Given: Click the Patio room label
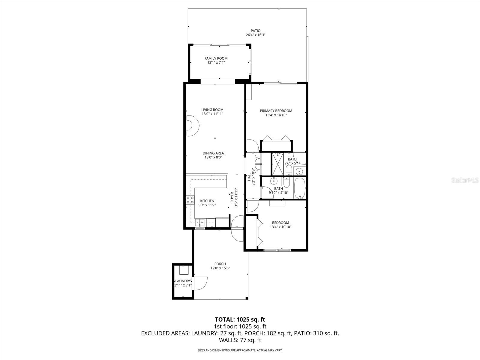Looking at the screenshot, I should pos(256,31).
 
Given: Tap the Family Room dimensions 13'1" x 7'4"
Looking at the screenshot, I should pos(216,63).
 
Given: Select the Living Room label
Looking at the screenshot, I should pos(212,110).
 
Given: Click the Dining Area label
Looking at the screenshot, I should pos(213,153).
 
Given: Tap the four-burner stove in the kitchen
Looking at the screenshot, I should pos(190,200).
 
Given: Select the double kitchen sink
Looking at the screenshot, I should pos(200,223).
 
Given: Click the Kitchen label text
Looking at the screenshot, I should pos(207,201).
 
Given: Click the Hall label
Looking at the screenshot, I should pos(249,177).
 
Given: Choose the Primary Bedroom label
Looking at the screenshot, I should pos(276,111).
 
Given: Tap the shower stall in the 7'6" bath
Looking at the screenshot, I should pos(277,164).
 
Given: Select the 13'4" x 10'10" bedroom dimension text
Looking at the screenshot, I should pos(280,227).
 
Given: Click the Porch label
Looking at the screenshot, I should pos(220,264).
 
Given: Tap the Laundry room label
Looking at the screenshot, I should pos(183,281).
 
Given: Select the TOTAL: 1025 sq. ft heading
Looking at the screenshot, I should pos(240,319).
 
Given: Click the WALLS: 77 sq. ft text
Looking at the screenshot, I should pos(240,340).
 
